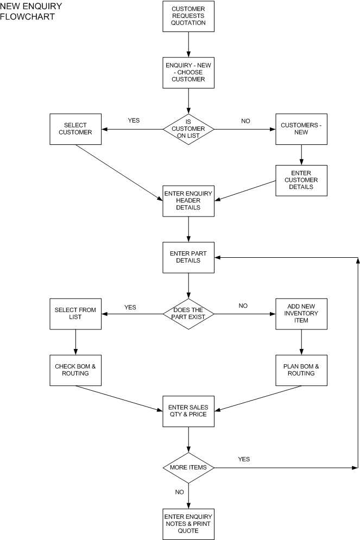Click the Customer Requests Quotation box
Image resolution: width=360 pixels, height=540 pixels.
[188, 16]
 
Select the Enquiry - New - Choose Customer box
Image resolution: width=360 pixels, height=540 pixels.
[188, 72]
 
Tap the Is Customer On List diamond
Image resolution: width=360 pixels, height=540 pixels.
[188, 129]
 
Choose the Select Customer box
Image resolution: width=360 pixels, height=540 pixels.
[75, 129]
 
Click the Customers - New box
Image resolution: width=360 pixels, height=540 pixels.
[301, 129]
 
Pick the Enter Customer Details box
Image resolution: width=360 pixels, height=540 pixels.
[301, 180]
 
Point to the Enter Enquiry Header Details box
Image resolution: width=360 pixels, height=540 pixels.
[188, 201]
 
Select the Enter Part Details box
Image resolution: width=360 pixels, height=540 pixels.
[188, 257]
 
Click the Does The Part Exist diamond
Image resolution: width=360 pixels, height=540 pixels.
[188, 313]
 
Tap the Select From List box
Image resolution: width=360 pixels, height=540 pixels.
[75, 313]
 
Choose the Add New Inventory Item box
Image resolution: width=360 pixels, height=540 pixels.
[301, 313]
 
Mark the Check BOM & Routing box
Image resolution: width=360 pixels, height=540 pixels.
[75, 370]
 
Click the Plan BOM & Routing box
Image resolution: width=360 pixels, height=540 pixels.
[301, 370]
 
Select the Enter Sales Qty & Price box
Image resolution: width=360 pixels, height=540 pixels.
[188, 411]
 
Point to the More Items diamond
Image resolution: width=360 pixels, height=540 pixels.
[188, 467]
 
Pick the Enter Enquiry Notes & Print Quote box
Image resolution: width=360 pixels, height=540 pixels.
[188, 524]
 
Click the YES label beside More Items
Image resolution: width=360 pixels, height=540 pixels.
[244, 459]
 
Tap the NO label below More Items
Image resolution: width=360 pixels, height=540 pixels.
[179, 492]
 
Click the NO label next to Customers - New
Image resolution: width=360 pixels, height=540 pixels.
[245, 121]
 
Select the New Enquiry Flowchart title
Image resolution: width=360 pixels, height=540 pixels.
[31, 11]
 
